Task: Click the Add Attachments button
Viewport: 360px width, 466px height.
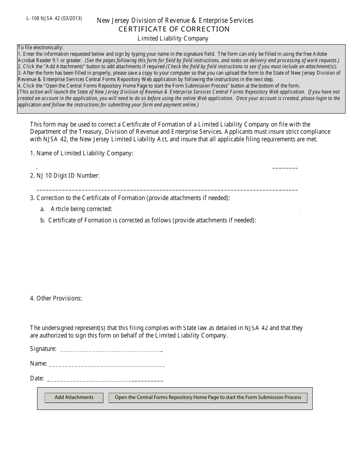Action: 74,397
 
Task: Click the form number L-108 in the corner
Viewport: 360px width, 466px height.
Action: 34,18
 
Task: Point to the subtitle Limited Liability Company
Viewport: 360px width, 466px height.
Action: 173,38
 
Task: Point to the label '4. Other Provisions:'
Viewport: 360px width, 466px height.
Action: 56,299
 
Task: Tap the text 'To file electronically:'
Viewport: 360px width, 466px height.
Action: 41,48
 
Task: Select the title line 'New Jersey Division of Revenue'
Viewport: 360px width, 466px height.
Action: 175,20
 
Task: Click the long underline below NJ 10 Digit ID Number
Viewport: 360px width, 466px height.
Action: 167,189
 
